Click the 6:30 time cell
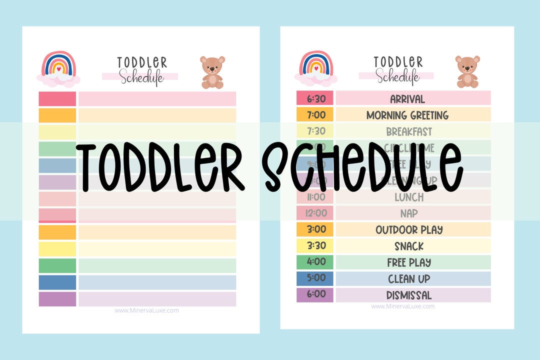315,98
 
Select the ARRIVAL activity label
407,98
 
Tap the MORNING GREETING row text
407,115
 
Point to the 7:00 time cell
315,115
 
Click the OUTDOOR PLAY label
409,229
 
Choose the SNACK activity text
408,246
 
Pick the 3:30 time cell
315,246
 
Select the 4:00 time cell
315,262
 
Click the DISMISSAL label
408,295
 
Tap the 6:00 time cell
315,295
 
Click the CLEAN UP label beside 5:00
408,278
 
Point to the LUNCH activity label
408,197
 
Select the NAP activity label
408,213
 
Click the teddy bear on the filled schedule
467,71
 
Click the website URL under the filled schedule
402,306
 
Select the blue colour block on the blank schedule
57,282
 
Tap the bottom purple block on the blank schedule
57,299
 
